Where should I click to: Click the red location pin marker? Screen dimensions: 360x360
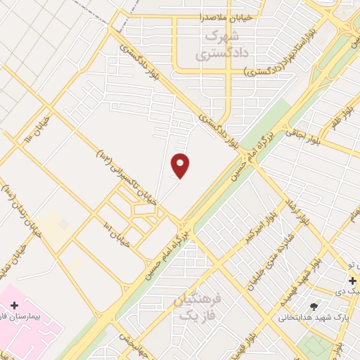tap(181, 165)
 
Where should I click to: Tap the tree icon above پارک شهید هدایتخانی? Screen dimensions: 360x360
tap(314, 307)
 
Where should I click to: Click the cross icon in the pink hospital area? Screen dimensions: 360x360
tap(15, 305)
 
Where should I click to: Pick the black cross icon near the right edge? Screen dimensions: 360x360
tap(352, 281)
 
